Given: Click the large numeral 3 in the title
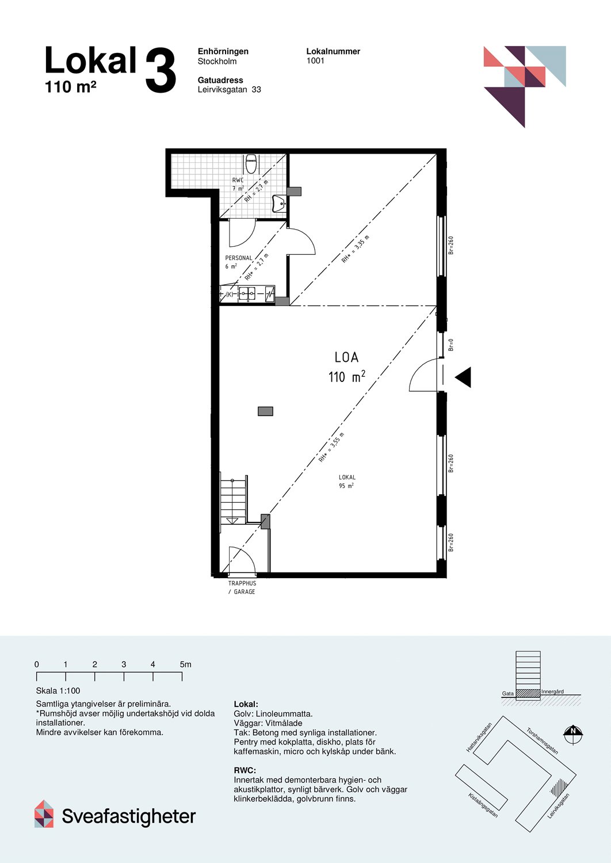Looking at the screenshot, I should [x=161, y=71].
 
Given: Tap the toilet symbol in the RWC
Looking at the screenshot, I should [x=251, y=163].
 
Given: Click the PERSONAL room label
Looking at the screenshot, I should [x=238, y=258].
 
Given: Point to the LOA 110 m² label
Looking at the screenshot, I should [x=346, y=367].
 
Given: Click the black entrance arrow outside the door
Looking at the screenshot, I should [x=463, y=377].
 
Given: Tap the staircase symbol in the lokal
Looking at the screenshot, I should [x=233, y=499].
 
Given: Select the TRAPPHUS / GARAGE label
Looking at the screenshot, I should [x=242, y=587].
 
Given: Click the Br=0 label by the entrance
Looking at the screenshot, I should [x=451, y=345].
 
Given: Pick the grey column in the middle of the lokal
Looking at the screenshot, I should [x=265, y=411].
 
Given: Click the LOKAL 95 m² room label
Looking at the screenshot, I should [x=347, y=482].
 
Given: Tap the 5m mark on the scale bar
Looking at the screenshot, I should [x=185, y=665].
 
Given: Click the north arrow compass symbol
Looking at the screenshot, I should [x=572, y=732].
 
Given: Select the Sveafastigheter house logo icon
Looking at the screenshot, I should [x=44, y=814].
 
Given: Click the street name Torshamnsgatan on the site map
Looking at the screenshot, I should [x=542, y=741].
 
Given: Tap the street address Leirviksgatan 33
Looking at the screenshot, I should [x=229, y=90].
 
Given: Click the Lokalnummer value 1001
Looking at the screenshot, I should [x=315, y=61].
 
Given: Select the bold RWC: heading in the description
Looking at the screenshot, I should [x=245, y=770].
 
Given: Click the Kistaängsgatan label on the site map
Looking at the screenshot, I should [x=483, y=805].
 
